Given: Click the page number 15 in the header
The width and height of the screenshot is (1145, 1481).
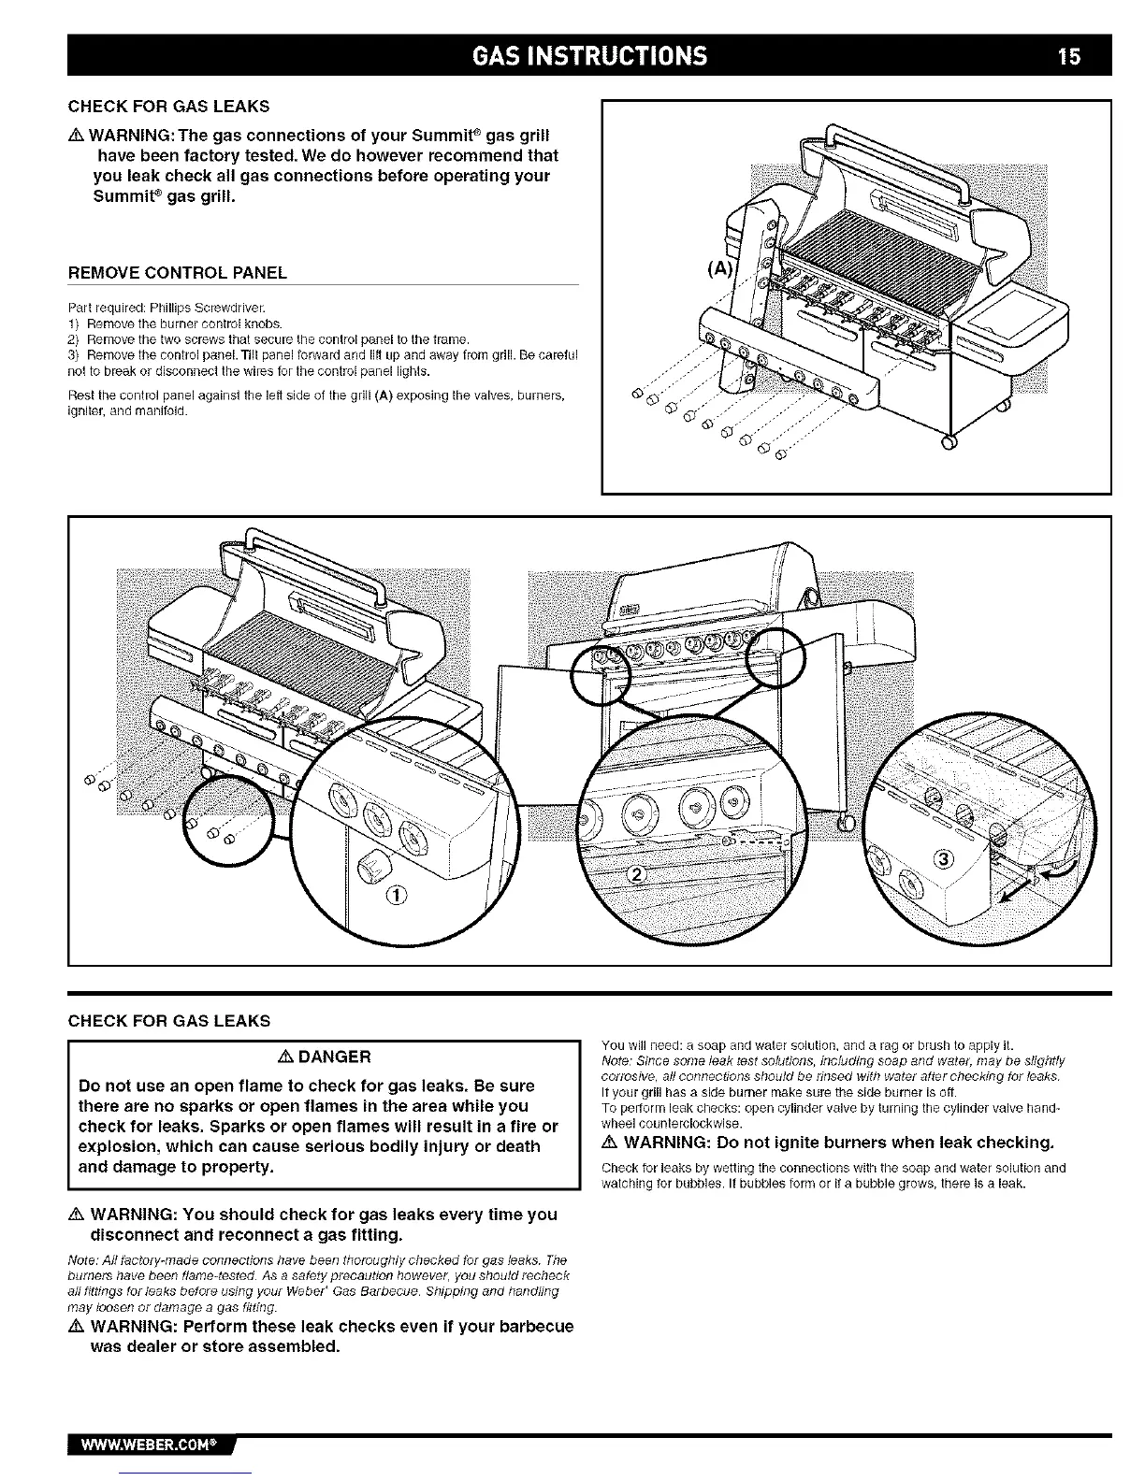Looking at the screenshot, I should coord(1069,56).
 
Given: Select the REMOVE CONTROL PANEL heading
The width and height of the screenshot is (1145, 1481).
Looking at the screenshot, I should coord(178,273).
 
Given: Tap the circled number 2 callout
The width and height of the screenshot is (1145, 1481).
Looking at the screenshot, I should coord(636,875).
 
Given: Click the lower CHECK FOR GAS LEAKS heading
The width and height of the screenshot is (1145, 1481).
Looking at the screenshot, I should coord(169,1020).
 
